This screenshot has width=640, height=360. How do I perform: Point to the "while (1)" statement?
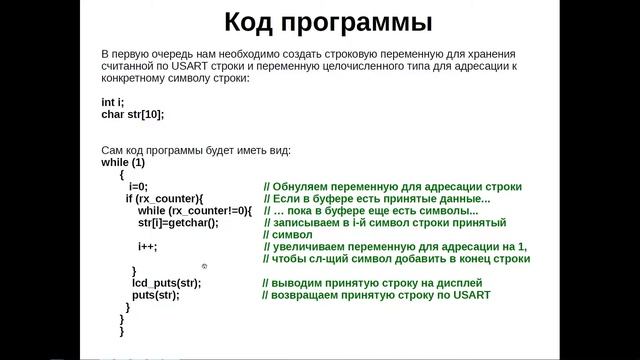click(123, 162)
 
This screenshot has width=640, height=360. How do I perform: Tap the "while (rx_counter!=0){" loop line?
click(196, 210)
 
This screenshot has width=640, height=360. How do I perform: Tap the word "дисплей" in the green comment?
click(462, 283)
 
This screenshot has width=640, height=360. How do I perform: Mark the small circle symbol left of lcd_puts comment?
click(204, 266)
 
